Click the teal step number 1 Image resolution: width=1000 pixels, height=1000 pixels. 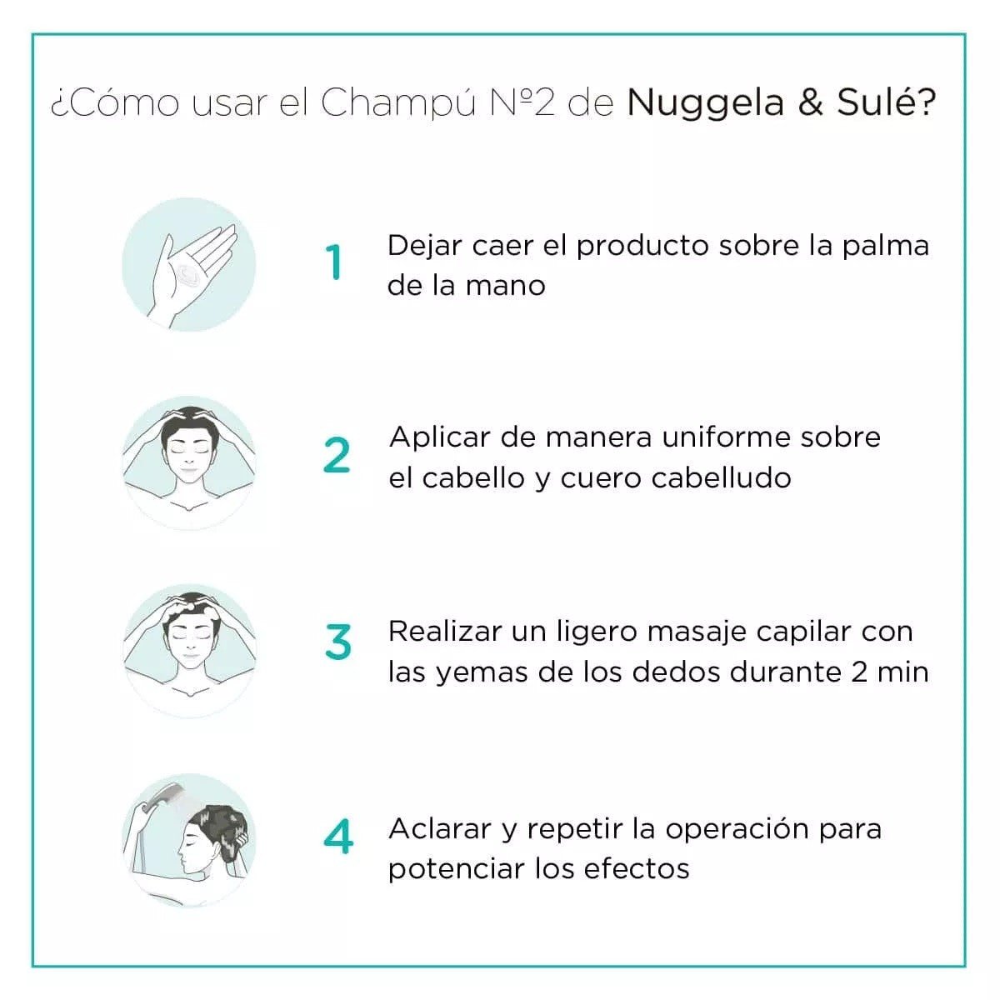[334, 262]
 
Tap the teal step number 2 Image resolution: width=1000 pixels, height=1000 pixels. [337, 456]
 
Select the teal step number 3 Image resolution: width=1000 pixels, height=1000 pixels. [337, 642]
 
